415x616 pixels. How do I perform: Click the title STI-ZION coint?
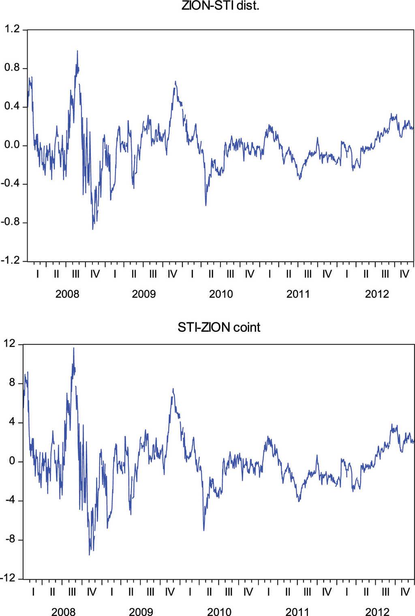click(x=219, y=327)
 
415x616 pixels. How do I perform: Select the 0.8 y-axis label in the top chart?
click(x=12, y=68)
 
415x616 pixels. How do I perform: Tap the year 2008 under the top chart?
click(x=67, y=294)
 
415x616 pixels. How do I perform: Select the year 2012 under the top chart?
click(x=376, y=294)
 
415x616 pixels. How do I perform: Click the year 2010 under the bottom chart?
click(x=219, y=611)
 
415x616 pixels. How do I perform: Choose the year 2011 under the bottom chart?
click(x=297, y=611)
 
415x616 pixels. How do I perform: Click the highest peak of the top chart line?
click(x=77, y=51)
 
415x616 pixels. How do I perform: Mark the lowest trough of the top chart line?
click(x=93, y=229)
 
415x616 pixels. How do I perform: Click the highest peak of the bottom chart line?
click(x=73, y=348)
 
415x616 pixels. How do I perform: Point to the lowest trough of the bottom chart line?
click(x=90, y=554)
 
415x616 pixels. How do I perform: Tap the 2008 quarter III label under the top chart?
click(x=76, y=274)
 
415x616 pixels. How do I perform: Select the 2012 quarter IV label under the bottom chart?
click(x=405, y=592)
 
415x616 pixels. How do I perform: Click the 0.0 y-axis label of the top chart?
click(x=12, y=145)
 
